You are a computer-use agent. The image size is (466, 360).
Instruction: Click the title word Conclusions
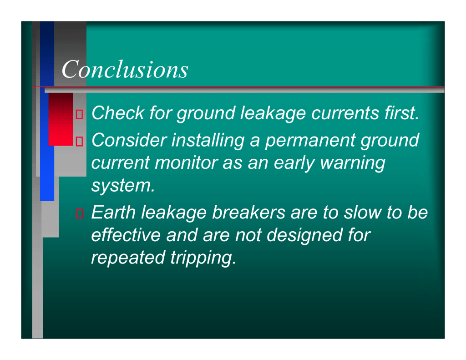click(x=125, y=69)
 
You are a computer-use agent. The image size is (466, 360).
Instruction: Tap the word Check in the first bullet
click(x=118, y=113)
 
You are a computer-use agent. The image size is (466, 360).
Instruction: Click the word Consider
click(x=129, y=140)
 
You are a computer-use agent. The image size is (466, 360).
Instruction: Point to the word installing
click(x=208, y=141)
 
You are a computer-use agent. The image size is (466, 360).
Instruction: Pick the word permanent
click(x=310, y=141)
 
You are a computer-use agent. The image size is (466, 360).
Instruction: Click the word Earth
click(x=113, y=213)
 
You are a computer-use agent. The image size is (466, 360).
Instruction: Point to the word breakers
click(x=249, y=213)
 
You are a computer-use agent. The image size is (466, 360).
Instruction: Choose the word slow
click(x=362, y=213)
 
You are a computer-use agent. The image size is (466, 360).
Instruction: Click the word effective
click(x=126, y=235)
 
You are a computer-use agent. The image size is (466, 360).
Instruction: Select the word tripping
click(x=203, y=258)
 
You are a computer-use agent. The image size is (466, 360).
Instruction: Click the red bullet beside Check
click(x=79, y=115)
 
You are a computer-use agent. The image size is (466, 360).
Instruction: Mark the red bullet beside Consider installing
click(x=79, y=142)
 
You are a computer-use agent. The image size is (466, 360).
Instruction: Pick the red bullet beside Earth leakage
click(x=79, y=214)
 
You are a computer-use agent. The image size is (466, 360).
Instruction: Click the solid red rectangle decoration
click(x=61, y=119)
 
